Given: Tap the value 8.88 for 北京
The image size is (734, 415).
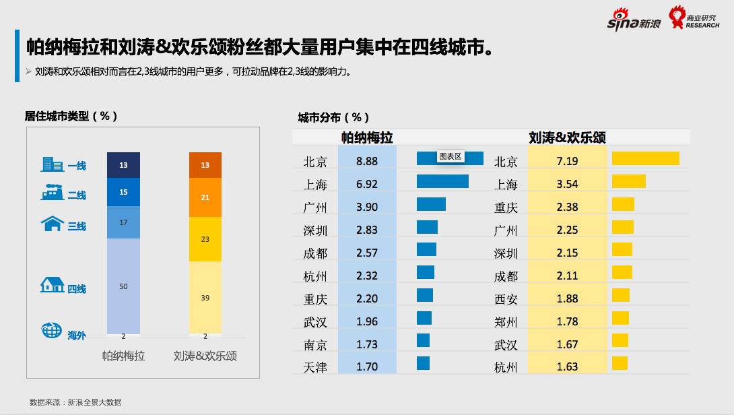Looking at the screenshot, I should coord(367,161).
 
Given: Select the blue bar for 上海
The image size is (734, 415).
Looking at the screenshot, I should coord(442,181).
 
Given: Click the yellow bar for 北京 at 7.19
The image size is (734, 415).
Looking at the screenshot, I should coord(645,158).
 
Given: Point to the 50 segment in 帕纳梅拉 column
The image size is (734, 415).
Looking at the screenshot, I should coord(123,286).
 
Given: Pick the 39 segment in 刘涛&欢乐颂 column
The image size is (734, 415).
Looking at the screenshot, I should coord(205,297).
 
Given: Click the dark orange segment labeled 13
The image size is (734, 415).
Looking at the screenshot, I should coord(205,165).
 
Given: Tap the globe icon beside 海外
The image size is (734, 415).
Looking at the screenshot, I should coord(52,330).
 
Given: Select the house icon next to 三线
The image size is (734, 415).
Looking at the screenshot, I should coord(53,224).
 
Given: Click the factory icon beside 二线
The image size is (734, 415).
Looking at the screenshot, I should coord(53,192).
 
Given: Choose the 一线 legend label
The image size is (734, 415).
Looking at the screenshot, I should coord(77,166).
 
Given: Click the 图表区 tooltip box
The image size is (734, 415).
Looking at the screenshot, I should coord(450,156).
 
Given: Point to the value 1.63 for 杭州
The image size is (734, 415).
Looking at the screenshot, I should coord(567,367).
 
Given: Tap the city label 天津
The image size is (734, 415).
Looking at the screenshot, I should coord(315,367).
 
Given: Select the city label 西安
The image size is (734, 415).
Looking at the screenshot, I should coord(506,298).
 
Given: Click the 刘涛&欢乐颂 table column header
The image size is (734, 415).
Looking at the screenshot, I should coord(567,137).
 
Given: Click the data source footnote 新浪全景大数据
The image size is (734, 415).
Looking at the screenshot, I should coord(75,402).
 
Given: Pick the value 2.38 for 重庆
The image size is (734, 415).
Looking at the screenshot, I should coord(567,207).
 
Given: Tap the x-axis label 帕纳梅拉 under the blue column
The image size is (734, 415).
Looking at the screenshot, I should coord(123,355).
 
